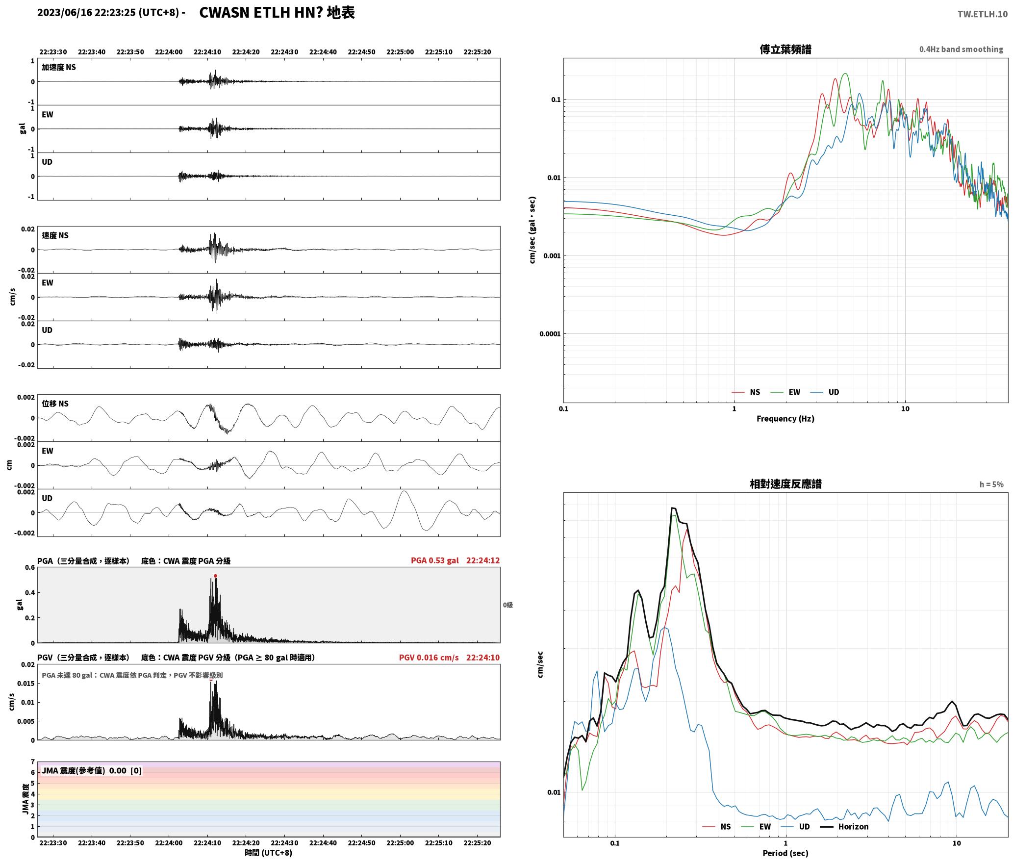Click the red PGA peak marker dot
215,576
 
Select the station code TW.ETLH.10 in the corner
983,14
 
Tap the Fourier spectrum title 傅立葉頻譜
785,50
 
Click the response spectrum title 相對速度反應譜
785,484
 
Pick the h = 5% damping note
991,484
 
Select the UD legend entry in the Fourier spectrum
825,392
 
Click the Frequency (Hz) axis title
785,419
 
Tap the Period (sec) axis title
785,853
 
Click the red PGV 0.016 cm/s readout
429,658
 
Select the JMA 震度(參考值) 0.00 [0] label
92,771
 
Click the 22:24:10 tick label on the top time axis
207,52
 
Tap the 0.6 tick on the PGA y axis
30,568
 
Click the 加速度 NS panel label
59,68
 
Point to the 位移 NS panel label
55,404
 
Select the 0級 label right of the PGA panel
508,605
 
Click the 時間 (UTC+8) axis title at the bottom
269,853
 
